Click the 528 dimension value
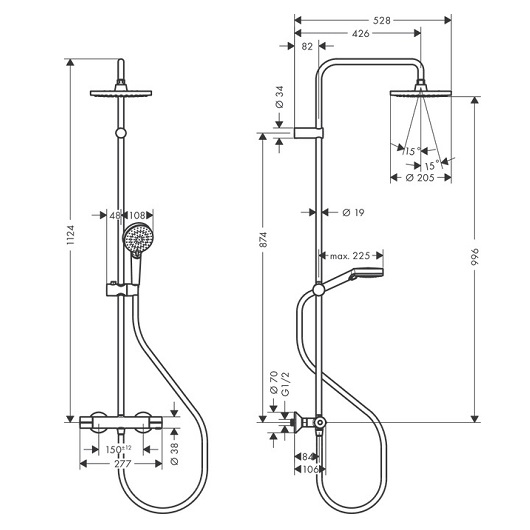coord(382,21)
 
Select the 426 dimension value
coord(361,33)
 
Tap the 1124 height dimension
coord(70,235)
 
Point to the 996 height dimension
coord(475,257)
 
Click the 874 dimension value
coord(263,239)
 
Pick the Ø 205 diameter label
coord(420,177)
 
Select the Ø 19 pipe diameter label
coord(353,213)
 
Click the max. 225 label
coord(350,256)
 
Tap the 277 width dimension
coord(122,463)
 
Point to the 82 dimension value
coord(307,46)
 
